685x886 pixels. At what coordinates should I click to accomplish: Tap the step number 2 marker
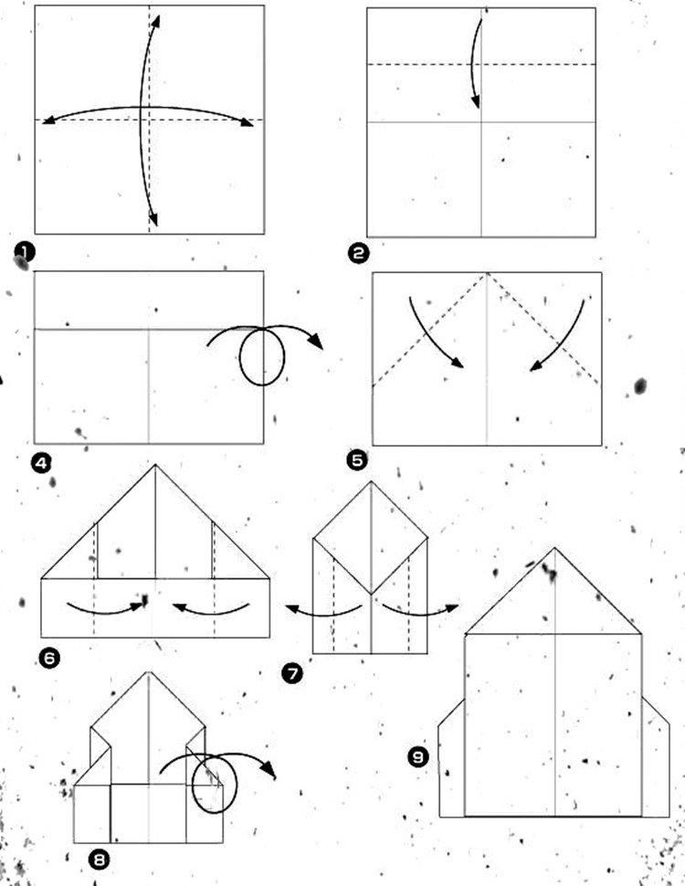point(359,253)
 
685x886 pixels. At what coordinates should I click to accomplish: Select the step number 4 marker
point(42,463)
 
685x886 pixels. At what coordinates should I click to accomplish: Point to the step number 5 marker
point(357,460)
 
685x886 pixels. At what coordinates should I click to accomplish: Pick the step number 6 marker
point(51,656)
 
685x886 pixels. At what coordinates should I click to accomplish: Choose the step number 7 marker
point(292,674)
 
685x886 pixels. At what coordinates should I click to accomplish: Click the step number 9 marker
point(417,755)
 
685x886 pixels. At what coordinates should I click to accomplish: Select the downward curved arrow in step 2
point(476,64)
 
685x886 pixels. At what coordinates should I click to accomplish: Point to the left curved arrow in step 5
point(434,333)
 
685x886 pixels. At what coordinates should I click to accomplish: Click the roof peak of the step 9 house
point(555,550)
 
